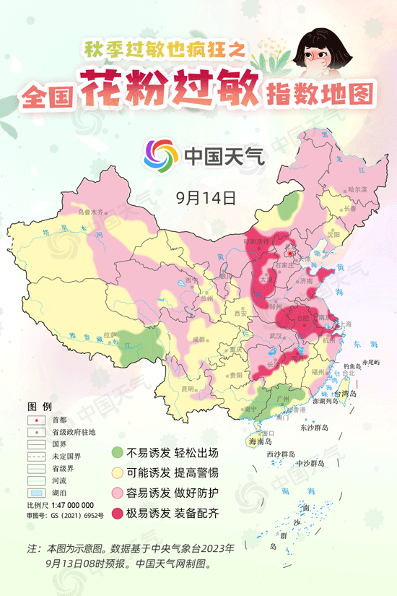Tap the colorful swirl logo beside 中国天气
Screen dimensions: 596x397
click(160, 155)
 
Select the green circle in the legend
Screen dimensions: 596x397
click(116, 454)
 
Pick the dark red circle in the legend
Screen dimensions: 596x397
click(116, 514)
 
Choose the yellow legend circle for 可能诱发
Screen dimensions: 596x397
click(116, 474)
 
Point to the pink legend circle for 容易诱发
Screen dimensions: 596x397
click(116, 494)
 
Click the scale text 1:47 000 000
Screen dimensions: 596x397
click(70, 505)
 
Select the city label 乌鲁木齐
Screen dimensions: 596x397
click(92, 212)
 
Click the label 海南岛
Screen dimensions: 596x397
click(258, 441)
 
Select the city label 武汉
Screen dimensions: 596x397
click(275, 336)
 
